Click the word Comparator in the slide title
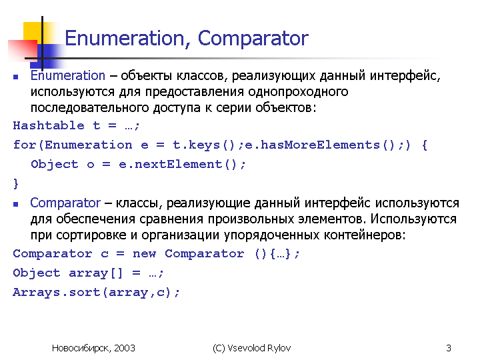253,39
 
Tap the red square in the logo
23,49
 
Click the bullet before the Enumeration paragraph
15,77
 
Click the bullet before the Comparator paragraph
15,204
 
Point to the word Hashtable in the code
49,125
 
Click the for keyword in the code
25,145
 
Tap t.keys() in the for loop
203,145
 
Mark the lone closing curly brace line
16,184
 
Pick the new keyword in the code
144,254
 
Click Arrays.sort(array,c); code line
96,293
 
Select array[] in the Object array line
95,273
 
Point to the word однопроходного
298,92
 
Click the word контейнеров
365,235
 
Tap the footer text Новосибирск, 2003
93,348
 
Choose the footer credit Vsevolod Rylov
259,348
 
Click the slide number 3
449,348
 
